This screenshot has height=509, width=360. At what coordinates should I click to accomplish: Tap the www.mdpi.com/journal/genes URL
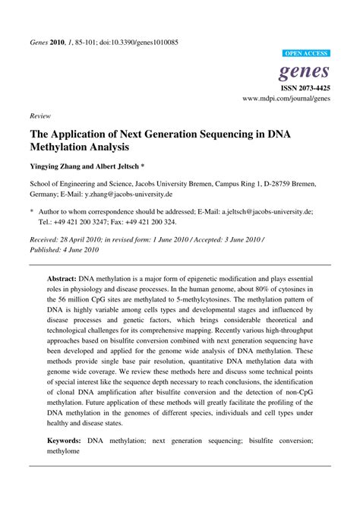point(286,99)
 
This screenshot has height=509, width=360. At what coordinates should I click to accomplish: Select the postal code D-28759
point(275,184)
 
